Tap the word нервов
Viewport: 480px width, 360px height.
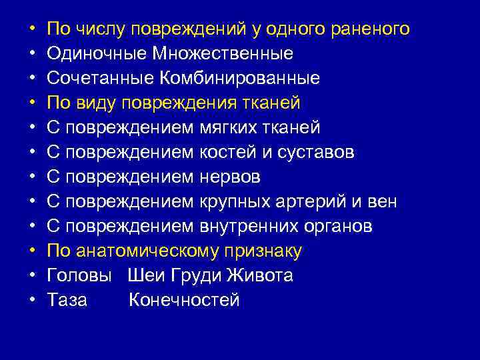tap(231, 177)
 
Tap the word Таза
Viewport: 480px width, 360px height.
tap(67, 301)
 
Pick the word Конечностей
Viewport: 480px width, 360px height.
tap(184, 301)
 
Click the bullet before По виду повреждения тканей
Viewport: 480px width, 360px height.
tap(31, 103)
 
